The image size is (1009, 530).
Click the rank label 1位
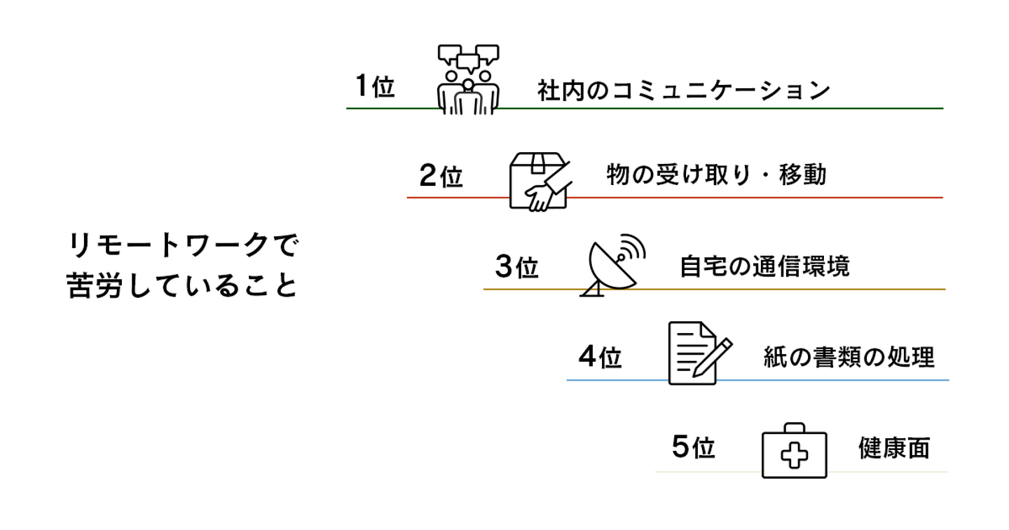[375, 87]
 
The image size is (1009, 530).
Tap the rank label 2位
[441, 176]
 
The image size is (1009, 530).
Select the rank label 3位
[516, 267]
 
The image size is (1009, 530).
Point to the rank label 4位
[600, 358]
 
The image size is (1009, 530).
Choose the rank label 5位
[693, 447]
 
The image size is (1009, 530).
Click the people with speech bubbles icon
[468, 79]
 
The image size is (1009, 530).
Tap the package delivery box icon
[539, 180]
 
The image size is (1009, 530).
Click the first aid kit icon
[794, 451]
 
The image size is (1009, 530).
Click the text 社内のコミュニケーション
[683, 91]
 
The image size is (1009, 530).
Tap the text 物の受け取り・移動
[716, 175]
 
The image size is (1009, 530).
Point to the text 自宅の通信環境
[764, 267]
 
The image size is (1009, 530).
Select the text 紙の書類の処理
[849, 358]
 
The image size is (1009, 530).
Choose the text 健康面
[894, 449]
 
